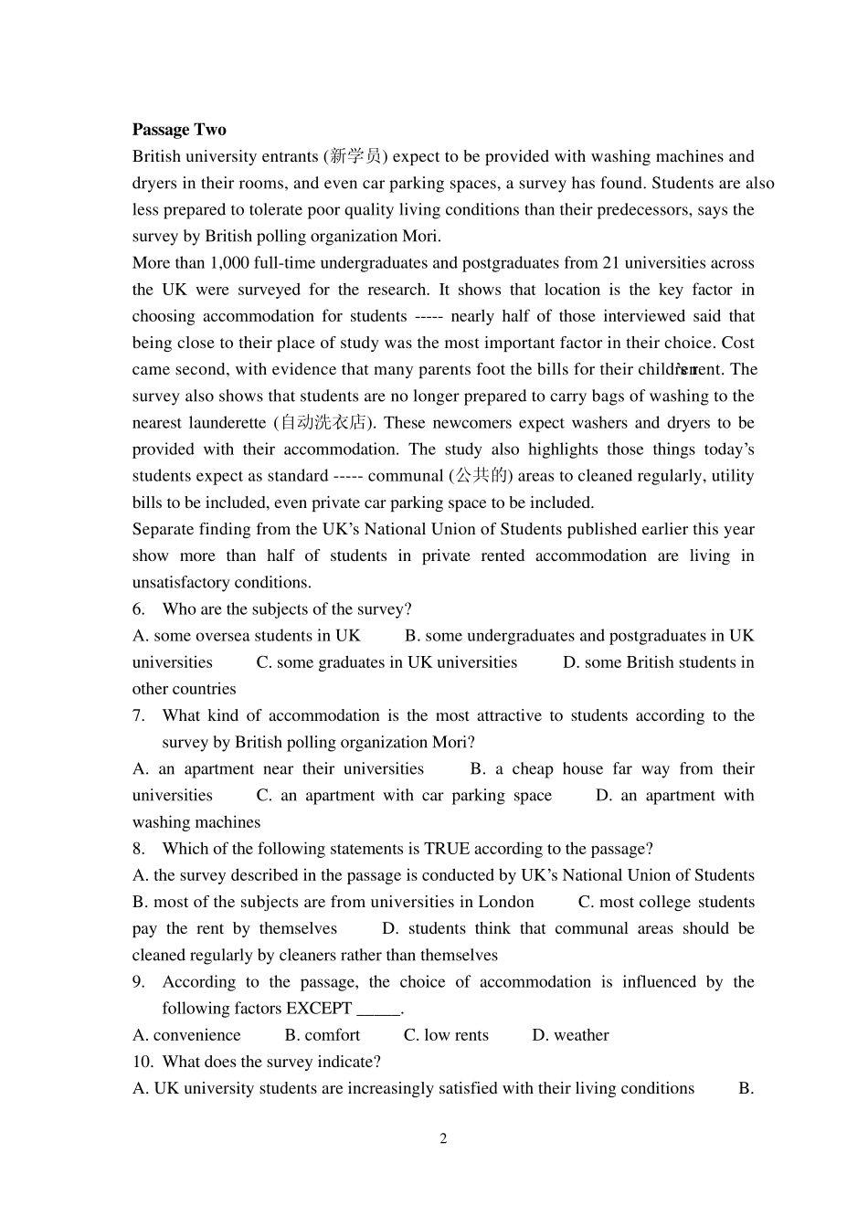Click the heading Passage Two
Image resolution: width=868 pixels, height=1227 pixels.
click(179, 130)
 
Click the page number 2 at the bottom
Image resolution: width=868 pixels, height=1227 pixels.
click(443, 1138)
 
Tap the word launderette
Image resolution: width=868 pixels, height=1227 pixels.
click(228, 423)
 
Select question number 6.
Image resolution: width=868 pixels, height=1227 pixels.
click(138, 609)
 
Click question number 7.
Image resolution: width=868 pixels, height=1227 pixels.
click(138, 715)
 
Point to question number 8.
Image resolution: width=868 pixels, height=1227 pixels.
click(138, 849)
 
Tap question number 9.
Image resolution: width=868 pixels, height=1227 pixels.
click(138, 982)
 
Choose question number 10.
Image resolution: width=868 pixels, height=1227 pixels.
click(142, 1062)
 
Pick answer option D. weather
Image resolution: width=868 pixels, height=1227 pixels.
click(570, 1035)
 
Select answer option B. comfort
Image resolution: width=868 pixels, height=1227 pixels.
click(323, 1035)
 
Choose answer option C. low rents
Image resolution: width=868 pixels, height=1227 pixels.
click(446, 1035)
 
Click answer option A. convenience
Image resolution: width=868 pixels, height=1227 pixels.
click(187, 1035)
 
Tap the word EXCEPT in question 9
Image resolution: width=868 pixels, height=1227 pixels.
click(319, 1009)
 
